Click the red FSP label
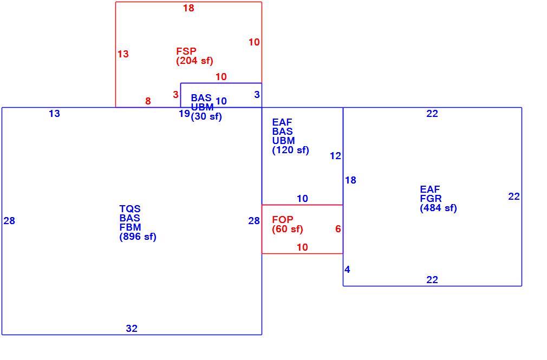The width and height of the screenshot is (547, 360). (186, 51)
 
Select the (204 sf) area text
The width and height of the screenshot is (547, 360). (194, 61)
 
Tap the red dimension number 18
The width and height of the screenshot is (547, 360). (188, 8)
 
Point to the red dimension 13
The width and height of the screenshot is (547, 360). (123, 54)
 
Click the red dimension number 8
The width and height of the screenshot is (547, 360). (148, 101)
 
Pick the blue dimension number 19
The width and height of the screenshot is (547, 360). (185, 114)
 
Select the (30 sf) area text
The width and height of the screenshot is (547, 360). (206, 116)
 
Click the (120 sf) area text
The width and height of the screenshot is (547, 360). (291, 150)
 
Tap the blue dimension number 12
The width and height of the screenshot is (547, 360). (336, 156)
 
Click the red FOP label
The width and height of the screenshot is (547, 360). (283, 220)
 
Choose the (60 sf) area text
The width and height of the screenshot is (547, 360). (288, 229)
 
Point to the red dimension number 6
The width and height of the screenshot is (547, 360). (338, 229)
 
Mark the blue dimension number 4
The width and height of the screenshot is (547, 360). (348, 270)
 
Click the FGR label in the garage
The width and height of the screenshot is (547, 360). (431, 199)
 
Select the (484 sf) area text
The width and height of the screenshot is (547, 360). (439, 208)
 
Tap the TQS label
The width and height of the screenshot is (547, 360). (130, 209)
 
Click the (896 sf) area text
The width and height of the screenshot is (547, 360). (138, 237)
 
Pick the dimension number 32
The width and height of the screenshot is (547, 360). (132, 329)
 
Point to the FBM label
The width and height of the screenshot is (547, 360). (130, 227)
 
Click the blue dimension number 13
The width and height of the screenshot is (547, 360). (54, 114)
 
